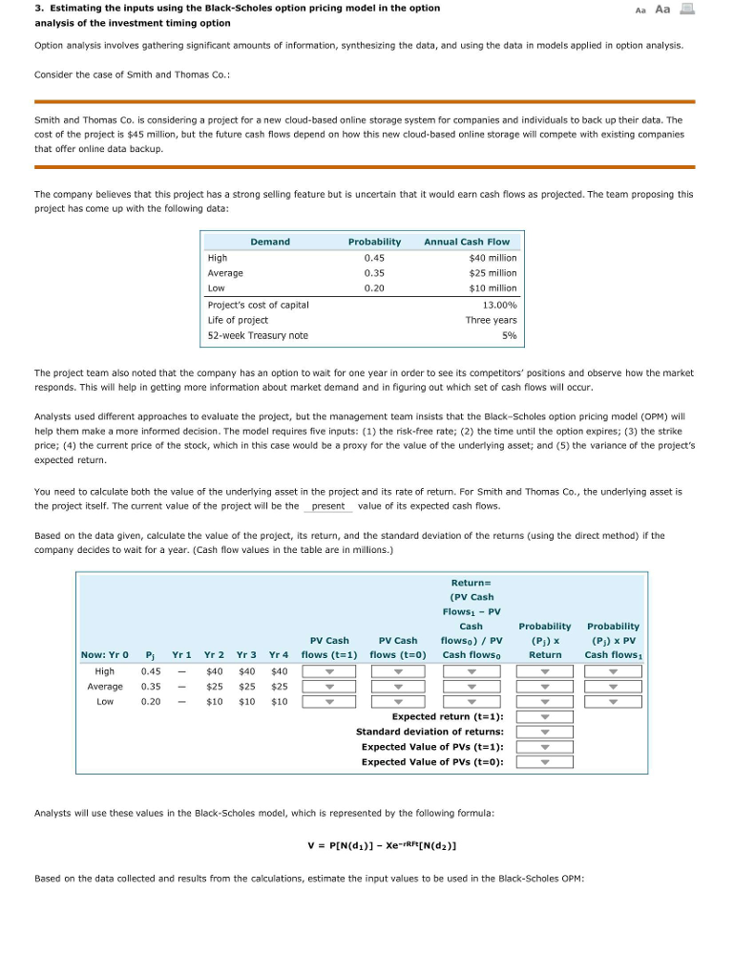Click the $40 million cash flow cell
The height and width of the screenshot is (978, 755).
[x=493, y=258]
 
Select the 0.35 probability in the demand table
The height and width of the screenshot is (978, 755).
[x=374, y=273]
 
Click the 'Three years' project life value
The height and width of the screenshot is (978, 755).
[x=492, y=320]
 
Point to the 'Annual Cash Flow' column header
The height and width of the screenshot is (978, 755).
[x=467, y=243]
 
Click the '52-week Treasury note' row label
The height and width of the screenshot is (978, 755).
[x=258, y=335]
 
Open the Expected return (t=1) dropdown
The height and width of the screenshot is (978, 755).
[x=545, y=716]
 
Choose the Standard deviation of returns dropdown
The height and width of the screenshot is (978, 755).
[x=545, y=732]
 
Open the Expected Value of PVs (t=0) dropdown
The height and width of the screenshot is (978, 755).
[x=545, y=762]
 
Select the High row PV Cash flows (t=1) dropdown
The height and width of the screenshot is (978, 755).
[x=329, y=671]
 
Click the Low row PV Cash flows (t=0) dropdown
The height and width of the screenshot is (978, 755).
[x=398, y=702]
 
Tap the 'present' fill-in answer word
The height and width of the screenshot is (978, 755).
[x=328, y=506]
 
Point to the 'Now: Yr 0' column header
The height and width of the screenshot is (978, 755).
[x=104, y=655]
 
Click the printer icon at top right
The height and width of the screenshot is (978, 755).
[x=688, y=9]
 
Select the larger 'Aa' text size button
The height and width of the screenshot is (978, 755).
[x=662, y=9]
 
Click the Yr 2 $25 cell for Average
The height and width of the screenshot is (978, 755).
[x=215, y=687]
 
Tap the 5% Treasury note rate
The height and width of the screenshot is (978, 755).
[x=510, y=335]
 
